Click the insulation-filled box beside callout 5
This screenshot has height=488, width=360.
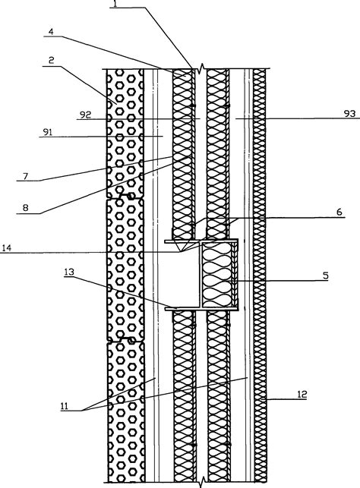[x=219, y=277]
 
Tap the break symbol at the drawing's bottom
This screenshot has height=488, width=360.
[x=200, y=482]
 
